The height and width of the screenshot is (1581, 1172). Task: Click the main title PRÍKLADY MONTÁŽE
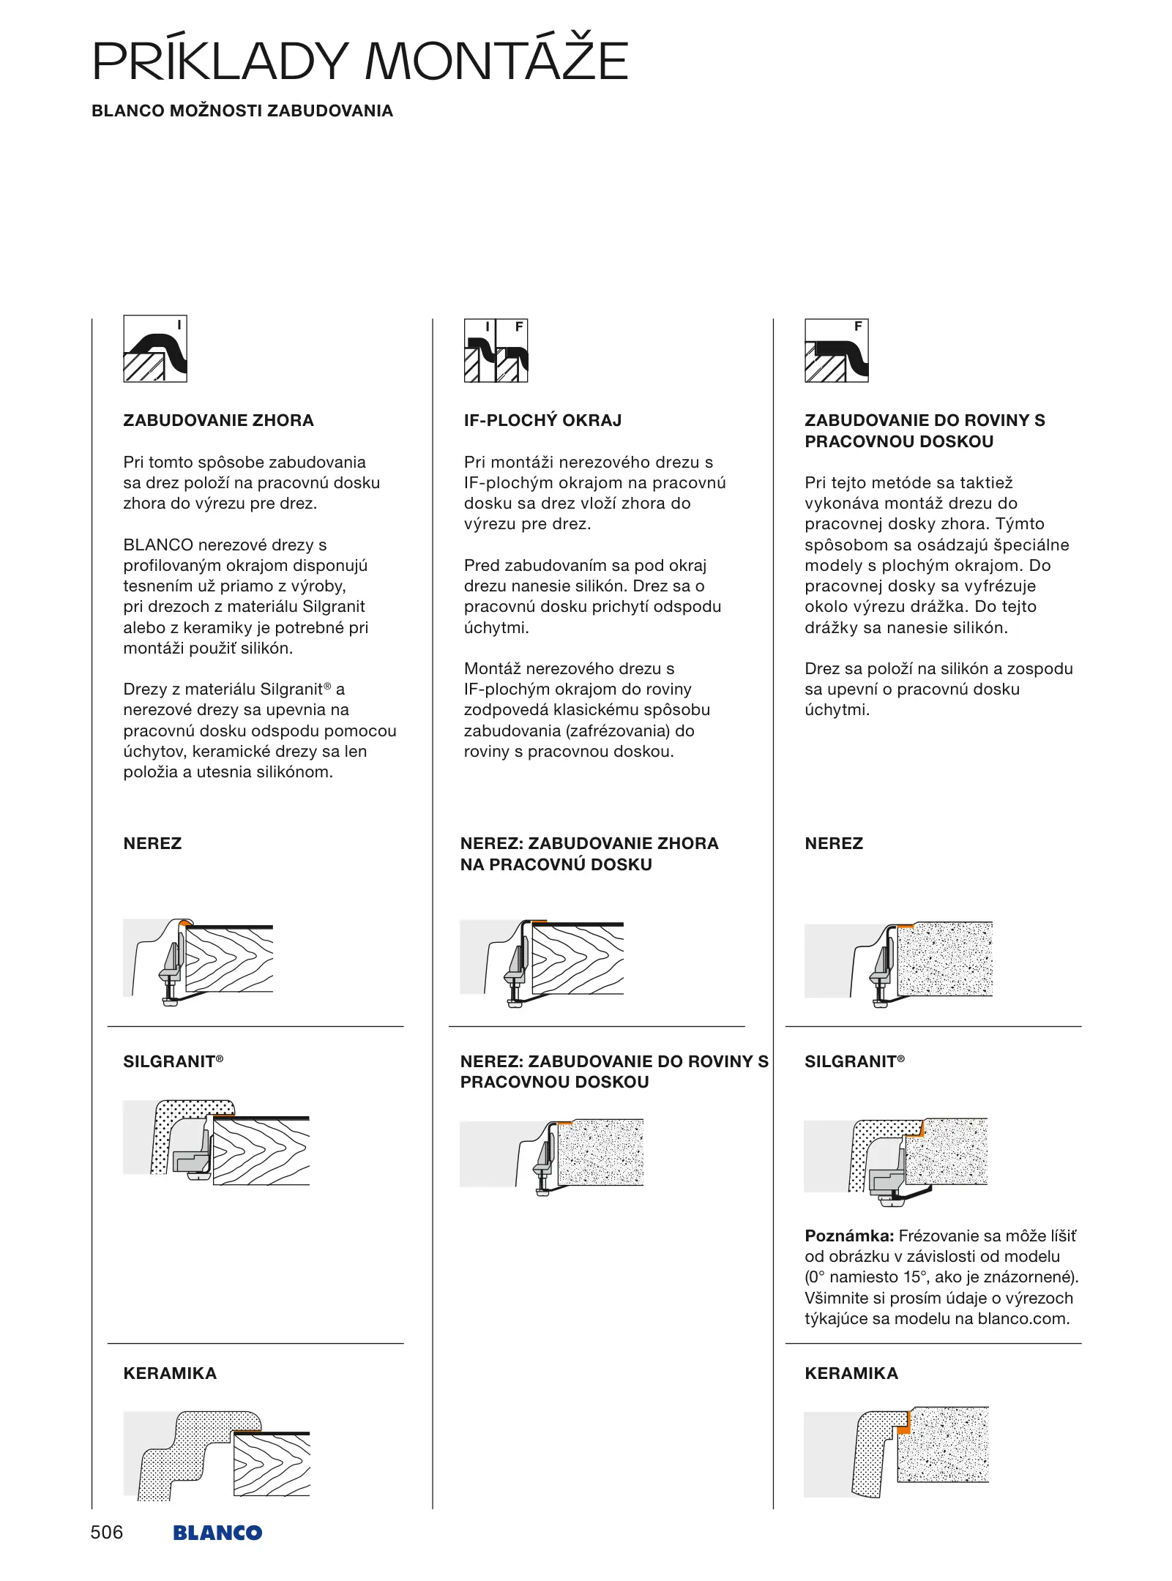[x=359, y=61]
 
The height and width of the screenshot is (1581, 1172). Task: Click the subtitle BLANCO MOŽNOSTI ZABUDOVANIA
[x=242, y=111]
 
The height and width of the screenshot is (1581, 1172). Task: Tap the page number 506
[x=107, y=1532]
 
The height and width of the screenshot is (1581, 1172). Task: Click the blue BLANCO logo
[x=217, y=1533]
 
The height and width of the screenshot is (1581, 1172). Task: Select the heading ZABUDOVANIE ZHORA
[x=218, y=420]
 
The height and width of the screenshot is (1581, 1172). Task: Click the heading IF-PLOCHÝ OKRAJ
[x=542, y=420]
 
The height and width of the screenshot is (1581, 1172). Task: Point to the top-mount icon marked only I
[x=155, y=349]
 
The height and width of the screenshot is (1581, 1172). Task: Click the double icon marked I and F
[x=496, y=351]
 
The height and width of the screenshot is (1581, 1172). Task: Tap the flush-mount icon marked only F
[x=836, y=351]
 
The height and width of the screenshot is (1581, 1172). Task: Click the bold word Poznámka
[x=849, y=1236]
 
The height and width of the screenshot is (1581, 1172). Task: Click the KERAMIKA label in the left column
[x=170, y=1373]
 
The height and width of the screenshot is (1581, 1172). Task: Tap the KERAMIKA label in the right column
[x=851, y=1373]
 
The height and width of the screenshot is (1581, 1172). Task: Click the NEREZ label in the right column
[x=834, y=843]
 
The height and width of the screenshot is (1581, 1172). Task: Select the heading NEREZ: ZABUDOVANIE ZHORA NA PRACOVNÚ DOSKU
[x=589, y=853]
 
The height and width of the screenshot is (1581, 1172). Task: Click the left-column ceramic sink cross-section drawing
[x=217, y=1456]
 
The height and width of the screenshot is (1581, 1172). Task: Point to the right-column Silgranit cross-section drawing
[x=896, y=1162]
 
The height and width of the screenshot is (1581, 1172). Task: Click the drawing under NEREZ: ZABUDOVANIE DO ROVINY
[x=551, y=1156]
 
